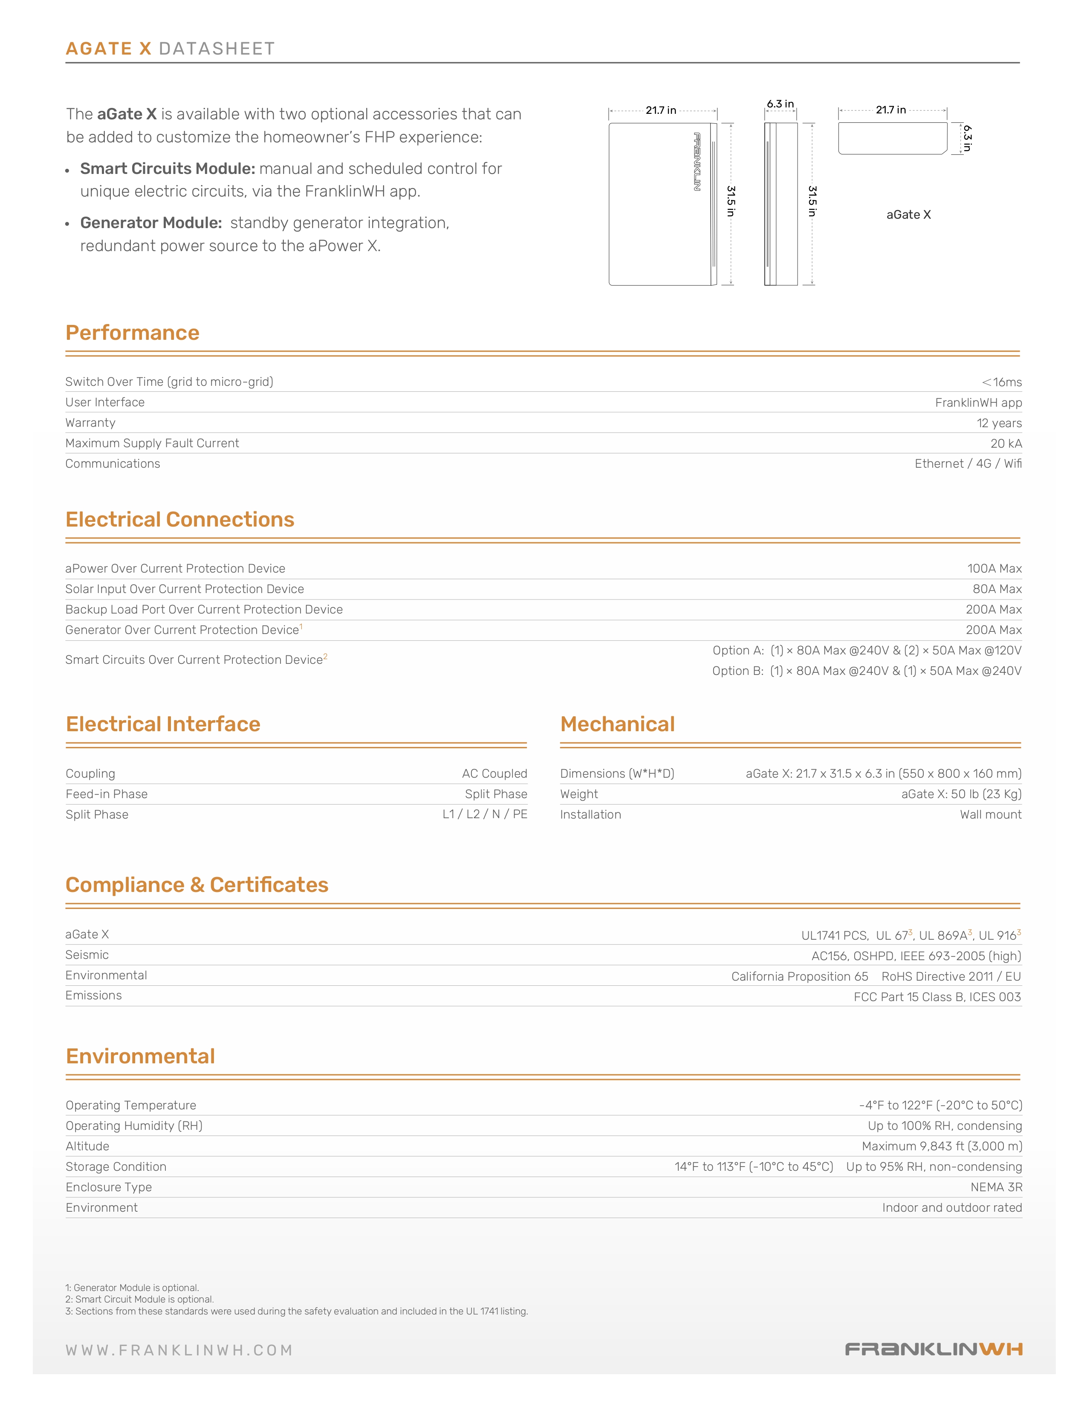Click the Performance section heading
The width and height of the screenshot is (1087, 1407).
[133, 333]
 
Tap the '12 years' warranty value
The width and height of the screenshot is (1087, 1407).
[999, 423]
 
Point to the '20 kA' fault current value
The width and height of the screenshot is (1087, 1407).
[1006, 443]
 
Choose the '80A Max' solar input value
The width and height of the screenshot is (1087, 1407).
[997, 589]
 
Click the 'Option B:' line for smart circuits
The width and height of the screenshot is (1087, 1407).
[866, 671]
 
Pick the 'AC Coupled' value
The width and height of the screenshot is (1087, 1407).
[494, 774]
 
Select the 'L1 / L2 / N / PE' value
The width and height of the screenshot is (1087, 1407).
[484, 814]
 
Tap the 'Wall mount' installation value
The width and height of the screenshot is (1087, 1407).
[990, 814]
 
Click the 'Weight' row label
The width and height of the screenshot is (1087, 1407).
[579, 794]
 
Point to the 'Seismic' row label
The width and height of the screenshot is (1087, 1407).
[87, 955]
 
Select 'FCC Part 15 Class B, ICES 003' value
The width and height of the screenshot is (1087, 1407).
[937, 997]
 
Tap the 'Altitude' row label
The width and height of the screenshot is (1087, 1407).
[87, 1146]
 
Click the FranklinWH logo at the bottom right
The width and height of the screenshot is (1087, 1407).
[933, 1349]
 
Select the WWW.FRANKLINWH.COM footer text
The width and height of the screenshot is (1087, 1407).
[179, 1350]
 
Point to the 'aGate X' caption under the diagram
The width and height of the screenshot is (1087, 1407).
[908, 214]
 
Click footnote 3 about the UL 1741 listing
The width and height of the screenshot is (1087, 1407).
[296, 1311]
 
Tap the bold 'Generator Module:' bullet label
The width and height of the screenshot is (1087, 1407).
[150, 223]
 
